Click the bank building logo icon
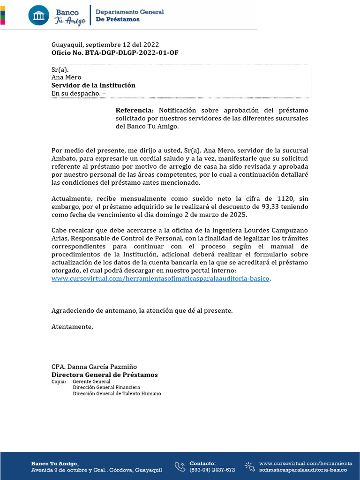pos(38,15)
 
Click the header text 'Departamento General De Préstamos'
pos(129,15)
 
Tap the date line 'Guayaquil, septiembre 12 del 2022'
pos(106,45)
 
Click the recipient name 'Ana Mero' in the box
pos(66,77)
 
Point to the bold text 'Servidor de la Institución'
pos(93,85)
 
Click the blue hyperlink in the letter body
pos(161,278)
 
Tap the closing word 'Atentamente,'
pos(72,326)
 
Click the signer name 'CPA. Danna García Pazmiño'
pos(94,367)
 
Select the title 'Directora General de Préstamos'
pos(105,375)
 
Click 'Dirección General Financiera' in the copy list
pos(106,388)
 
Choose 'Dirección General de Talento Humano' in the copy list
pos(116,394)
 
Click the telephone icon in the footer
pos(180,466)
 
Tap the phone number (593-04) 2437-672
pos(212,470)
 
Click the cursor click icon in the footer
pos(249,466)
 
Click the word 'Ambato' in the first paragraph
pos(62,158)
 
